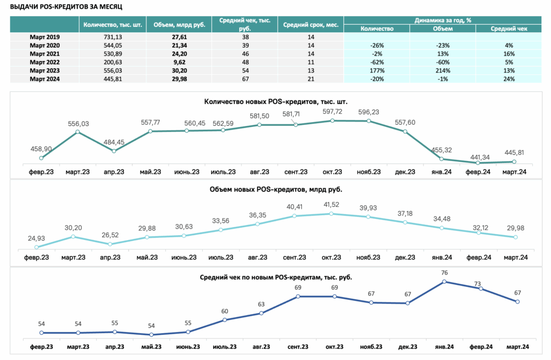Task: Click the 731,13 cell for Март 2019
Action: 113,37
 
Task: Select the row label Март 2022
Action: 45,62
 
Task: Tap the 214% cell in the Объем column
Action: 443,70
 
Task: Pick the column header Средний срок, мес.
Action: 310,25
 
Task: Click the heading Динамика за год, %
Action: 443,20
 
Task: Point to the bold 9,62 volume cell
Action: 179,62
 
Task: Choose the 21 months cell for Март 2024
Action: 310,79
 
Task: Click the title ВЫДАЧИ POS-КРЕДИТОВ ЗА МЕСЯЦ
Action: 66,6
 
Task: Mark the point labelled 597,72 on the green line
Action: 333,121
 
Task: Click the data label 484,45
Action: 114,143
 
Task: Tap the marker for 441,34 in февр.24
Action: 478,163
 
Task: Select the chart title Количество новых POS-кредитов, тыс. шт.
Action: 276,102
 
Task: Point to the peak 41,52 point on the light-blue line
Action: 331,214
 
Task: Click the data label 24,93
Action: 37,238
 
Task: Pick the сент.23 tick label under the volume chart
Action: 294,257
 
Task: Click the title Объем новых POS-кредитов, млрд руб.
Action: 276,189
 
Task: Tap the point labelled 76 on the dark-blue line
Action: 444,281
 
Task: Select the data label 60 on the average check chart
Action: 224,311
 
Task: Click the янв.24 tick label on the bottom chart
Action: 444,347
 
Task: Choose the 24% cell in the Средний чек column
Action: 509,79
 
